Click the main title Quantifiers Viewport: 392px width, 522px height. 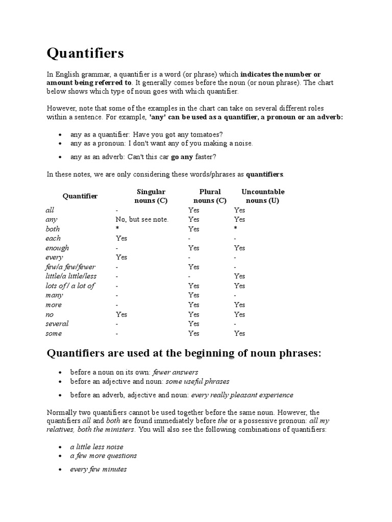(x=85, y=53)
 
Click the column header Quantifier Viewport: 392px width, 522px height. (x=80, y=196)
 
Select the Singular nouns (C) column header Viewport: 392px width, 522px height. (x=151, y=196)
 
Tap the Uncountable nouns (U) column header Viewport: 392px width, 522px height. (x=263, y=196)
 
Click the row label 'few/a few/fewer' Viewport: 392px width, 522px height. (x=70, y=267)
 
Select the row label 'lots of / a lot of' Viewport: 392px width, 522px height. (x=70, y=286)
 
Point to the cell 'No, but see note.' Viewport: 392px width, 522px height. (x=142, y=219)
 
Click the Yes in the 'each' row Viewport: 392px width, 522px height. (x=121, y=238)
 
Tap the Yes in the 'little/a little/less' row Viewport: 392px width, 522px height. (x=239, y=276)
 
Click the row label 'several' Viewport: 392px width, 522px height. (x=57, y=324)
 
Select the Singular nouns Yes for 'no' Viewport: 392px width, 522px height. (x=121, y=315)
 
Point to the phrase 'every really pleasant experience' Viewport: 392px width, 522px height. (x=242, y=395)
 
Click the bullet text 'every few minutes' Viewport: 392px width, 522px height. (x=98, y=469)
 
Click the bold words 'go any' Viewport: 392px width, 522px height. (x=182, y=156)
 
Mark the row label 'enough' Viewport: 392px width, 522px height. (x=57, y=248)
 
